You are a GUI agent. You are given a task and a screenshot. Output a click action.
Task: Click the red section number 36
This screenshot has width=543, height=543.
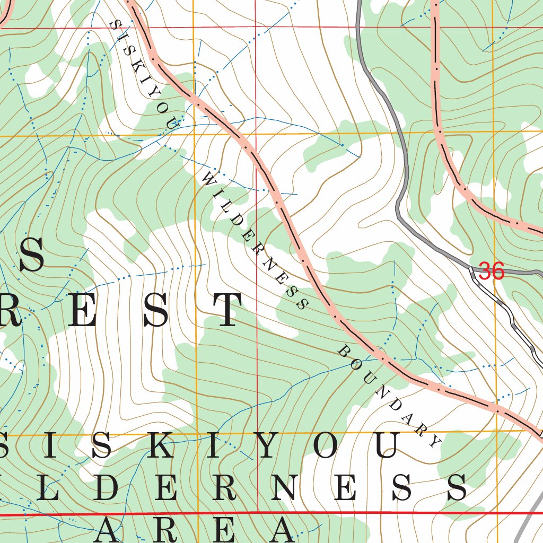491,271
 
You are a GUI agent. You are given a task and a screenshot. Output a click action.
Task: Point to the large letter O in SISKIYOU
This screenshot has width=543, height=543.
329,445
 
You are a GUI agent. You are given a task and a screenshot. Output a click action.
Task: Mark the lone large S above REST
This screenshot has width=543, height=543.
31,255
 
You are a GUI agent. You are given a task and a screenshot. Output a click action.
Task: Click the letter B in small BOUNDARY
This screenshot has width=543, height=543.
343,351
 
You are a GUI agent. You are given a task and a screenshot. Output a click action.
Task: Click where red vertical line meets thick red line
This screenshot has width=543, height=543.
257,513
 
